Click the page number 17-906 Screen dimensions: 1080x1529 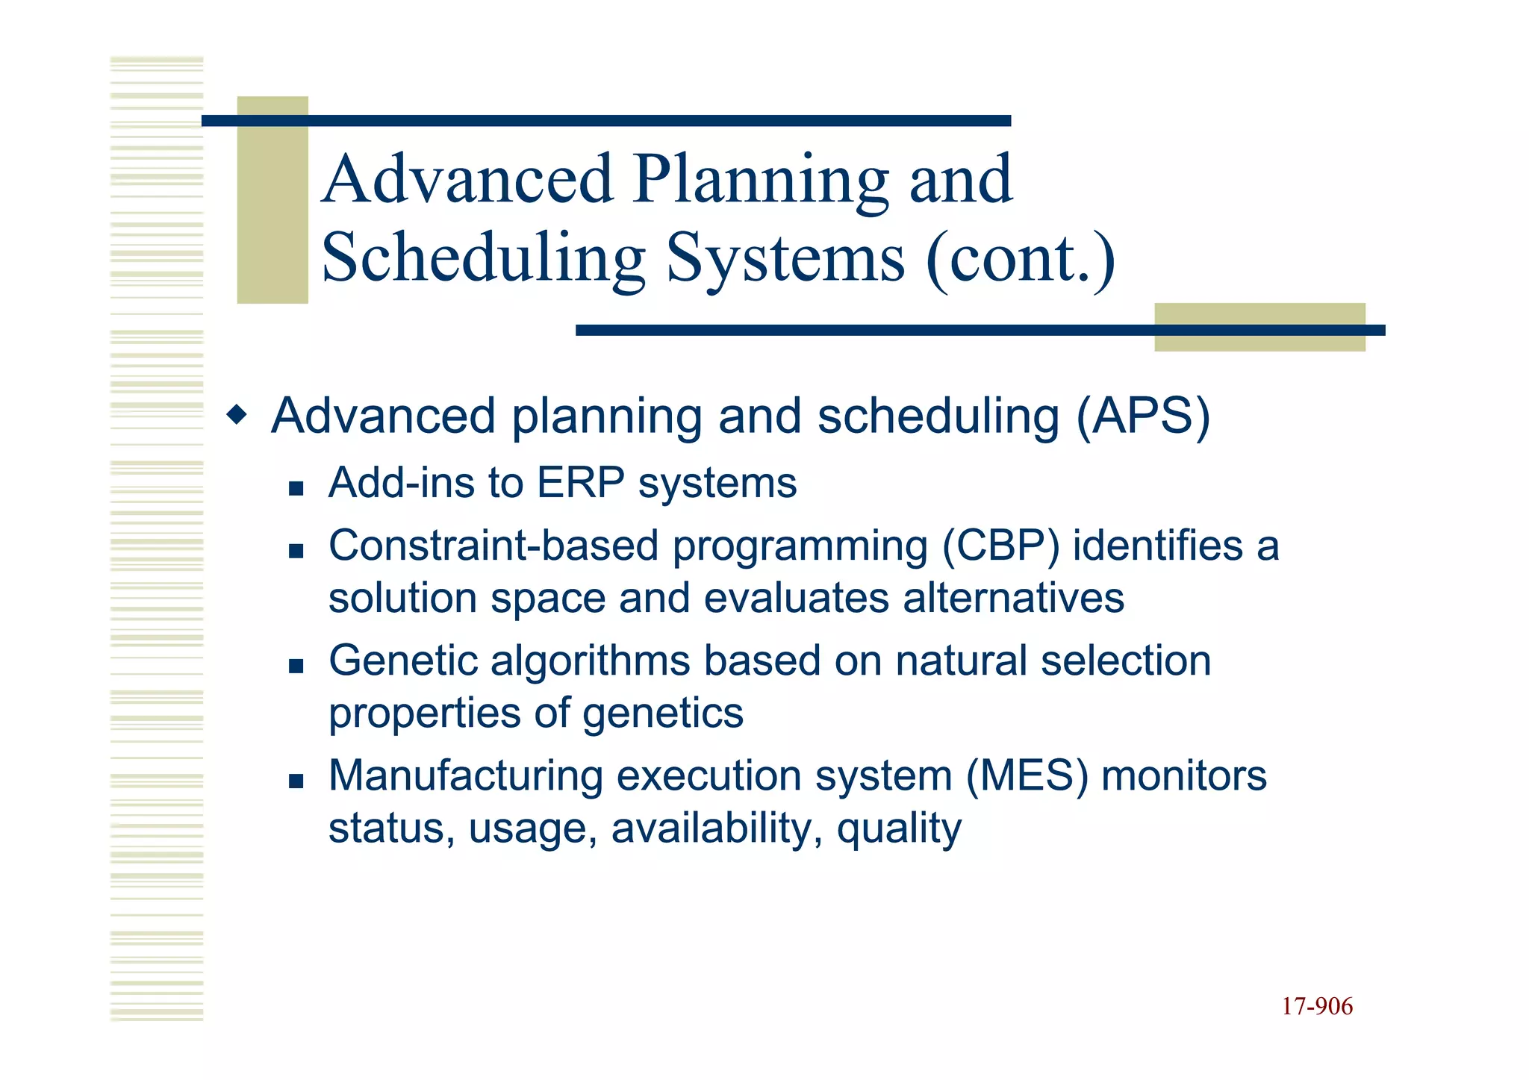(1317, 1006)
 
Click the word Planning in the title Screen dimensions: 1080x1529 (761, 180)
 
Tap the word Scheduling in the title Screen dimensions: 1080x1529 (483, 258)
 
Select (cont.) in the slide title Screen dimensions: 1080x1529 (1020, 258)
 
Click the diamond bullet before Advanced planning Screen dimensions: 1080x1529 (237, 414)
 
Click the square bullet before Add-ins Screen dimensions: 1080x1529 (296, 489)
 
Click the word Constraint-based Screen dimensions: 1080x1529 (493, 546)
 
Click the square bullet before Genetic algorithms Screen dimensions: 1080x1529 (296, 667)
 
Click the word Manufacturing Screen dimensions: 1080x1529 (465, 775)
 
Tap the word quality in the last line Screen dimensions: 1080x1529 (899, 829)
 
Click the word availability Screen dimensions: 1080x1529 (716, 828)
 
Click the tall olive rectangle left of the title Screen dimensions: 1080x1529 (272, 200)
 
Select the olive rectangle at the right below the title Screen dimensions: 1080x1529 (1259, 328)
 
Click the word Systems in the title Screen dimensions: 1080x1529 (785, 258)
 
